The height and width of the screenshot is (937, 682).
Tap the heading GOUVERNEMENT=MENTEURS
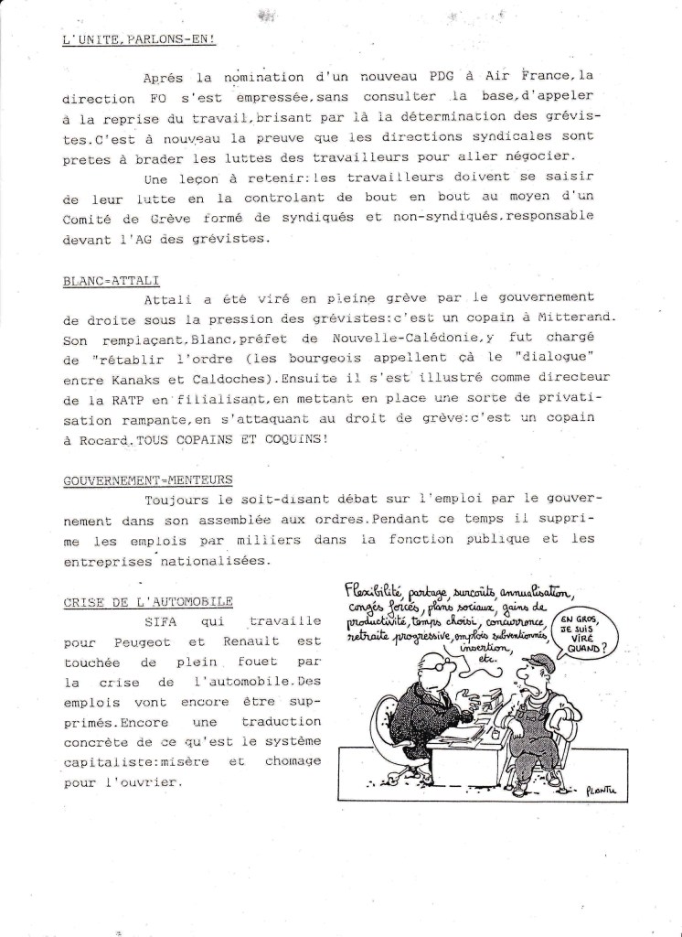click(148, 479)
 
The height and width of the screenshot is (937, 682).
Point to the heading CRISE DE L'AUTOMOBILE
click(147, 601)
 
